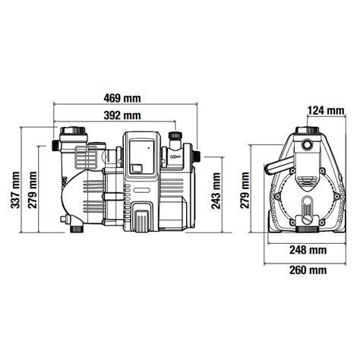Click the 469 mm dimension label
(122, 98)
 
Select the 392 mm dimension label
(122, 115)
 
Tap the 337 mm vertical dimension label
(15, 190)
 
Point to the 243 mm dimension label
(216, 191)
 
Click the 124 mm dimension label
(326, 111)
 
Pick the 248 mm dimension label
(308, 251)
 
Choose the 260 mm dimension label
(308, 270)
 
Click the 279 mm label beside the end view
(245, 190)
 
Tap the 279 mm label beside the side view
(33, 190)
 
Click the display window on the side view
(141, 157)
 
